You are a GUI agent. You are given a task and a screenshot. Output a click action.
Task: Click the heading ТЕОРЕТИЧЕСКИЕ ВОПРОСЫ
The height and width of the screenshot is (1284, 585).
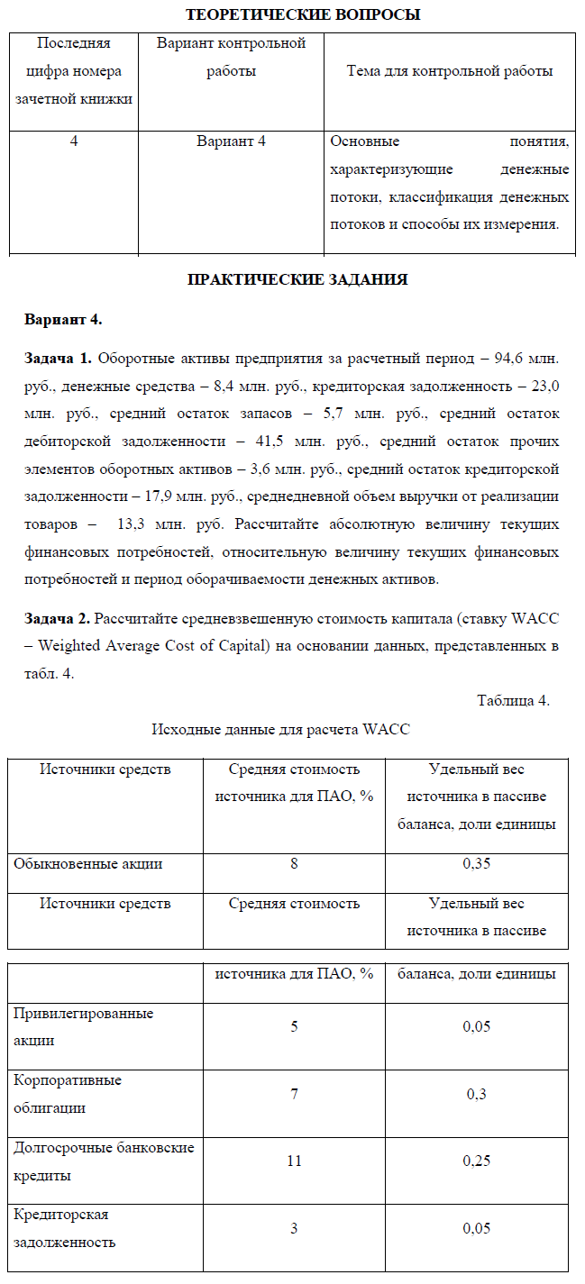pyautogui.click(x=303, y=14)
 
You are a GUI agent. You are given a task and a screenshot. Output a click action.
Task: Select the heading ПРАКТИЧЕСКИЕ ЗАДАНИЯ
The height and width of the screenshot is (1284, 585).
pyautogui.click(x=297, y=280)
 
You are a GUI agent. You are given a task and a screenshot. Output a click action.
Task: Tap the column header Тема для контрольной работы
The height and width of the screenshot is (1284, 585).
pyautogui.click(x=450, y=71)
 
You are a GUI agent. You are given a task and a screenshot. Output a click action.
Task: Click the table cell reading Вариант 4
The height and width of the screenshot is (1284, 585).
pyautogui.click(x=231, y=141)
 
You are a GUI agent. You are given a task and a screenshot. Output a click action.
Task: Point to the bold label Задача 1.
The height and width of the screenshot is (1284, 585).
pyautogui.click(x=58, y=359)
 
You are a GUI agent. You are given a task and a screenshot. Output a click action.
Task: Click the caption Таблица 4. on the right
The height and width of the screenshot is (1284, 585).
pyautogui.click(x=513, y=701)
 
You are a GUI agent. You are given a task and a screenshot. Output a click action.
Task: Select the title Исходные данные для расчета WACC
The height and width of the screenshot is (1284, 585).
pyautogui.click(x=280, y=729)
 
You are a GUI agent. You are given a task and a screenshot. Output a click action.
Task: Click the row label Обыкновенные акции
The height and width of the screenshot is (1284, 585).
pyautogui.click(x=88, y=863)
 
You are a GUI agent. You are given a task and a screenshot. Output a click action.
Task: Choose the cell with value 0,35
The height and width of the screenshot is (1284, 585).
pyautogui.click(x=476, y=863)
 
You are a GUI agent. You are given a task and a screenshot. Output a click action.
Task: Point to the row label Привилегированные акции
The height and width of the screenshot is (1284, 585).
pyautogui.click(x=83, y=1026)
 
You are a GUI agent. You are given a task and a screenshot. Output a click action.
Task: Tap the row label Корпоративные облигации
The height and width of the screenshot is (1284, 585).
pyautogui.click(x=68, y=1093)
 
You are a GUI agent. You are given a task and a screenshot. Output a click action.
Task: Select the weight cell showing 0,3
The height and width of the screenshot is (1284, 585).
pyautogui.click(x=476, y=1094)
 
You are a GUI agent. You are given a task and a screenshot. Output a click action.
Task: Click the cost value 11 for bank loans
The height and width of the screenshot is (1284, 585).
pyautogui.click(x=294, y=1161)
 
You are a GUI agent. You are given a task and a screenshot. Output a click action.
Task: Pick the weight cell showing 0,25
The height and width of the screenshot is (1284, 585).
pyautogui.click(x=476, y=1161)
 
